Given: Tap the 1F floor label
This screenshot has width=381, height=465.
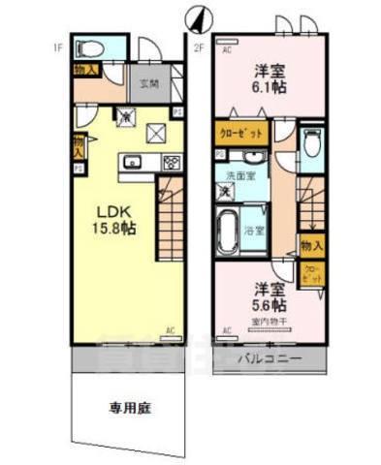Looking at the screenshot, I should tap(59, 45).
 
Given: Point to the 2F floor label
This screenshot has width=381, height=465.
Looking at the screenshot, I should tap(199, 46).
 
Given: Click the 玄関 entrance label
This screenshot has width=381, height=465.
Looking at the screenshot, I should tap(148, 83).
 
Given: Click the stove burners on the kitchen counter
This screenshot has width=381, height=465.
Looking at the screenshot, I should tap(171, 161).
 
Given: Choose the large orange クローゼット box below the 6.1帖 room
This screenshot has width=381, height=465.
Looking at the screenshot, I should tap(236, 134).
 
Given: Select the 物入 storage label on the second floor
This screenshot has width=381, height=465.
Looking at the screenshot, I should tap(310, 246).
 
